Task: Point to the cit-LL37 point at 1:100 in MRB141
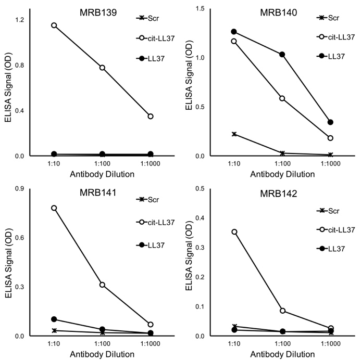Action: pos(102,285)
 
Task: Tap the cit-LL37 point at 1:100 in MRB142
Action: pos(282,311)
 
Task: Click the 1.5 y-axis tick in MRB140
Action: pos(200,8)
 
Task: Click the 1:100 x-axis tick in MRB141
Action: pos(102,344)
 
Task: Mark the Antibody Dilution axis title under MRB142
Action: pos(282,354)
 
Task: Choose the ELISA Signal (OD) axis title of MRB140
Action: pos(189,82)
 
